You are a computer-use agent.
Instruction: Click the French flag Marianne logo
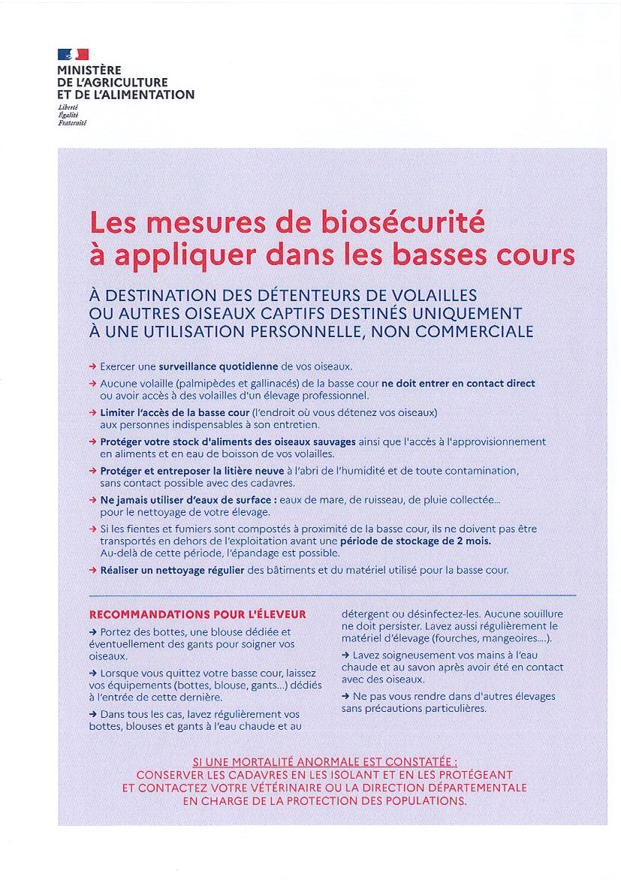point(73,54)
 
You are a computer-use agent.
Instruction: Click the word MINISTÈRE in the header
point(84,71)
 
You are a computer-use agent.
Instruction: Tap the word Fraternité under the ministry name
point(72,122)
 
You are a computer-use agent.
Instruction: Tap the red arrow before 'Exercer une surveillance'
point(92,366)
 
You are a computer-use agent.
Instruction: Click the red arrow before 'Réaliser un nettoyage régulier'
point(92,570)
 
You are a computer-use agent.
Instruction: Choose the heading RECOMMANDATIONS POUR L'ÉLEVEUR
point(197,614)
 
